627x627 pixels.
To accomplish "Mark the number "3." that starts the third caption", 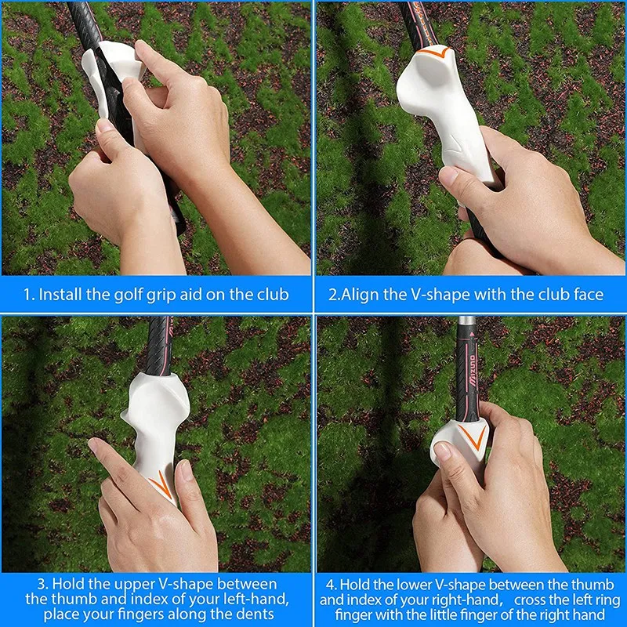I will click(x=44, y=584).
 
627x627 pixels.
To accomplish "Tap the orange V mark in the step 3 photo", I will click(x=160, y=484).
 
